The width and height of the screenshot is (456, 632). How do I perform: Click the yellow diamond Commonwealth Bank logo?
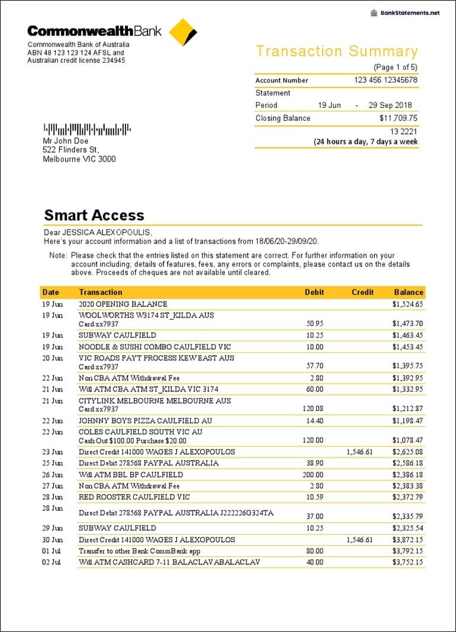(182, 32)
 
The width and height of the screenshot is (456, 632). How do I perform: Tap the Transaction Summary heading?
(336, 52)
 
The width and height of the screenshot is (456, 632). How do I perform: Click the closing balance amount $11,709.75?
(398, 118)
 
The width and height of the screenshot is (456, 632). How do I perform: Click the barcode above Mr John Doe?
(86, 129)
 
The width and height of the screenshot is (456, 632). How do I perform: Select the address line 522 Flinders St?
(70, 150)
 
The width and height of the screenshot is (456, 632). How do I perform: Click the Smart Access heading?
(94, 215)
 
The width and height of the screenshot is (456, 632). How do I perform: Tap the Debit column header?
(314, 292)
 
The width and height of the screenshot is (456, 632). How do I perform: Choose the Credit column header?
(362, 292)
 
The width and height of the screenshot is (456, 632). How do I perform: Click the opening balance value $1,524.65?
(407, 304)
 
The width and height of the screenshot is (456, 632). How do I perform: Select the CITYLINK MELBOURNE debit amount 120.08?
(314, 409)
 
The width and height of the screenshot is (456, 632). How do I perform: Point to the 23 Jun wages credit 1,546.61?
(359, 452)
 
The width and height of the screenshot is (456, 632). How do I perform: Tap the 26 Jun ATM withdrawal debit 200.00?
(314, 475)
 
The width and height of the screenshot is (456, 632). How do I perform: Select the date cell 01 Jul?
(52, 550)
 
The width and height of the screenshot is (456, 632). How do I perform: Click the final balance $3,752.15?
(407, 562)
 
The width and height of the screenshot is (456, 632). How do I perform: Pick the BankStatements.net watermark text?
(409, 13)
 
